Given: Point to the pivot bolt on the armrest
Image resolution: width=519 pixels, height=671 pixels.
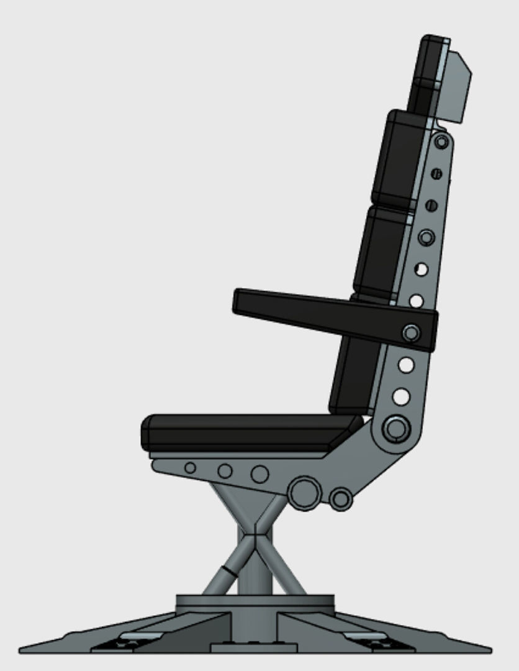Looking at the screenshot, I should click(411, 333).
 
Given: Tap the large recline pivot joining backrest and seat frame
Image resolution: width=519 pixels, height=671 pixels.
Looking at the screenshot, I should click(395, 428).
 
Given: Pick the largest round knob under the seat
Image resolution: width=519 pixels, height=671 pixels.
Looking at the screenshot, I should click(304, 493).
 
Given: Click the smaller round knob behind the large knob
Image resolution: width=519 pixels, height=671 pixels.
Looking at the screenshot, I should click(341, 499).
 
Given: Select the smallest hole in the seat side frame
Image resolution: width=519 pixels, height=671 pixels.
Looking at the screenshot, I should click(191, 468).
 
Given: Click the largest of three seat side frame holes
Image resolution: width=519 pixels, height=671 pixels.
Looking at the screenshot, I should click(259, 474).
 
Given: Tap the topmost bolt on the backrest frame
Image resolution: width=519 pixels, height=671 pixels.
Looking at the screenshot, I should click(441, 142).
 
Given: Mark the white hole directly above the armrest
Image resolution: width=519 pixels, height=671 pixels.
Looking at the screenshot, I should click(417, 301).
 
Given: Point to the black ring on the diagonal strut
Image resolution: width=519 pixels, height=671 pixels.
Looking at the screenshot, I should click(230, 570).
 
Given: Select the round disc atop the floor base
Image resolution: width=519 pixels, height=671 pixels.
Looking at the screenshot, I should click(255, 601).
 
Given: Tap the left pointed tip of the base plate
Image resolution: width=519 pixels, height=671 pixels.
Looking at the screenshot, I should click(22, 650).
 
